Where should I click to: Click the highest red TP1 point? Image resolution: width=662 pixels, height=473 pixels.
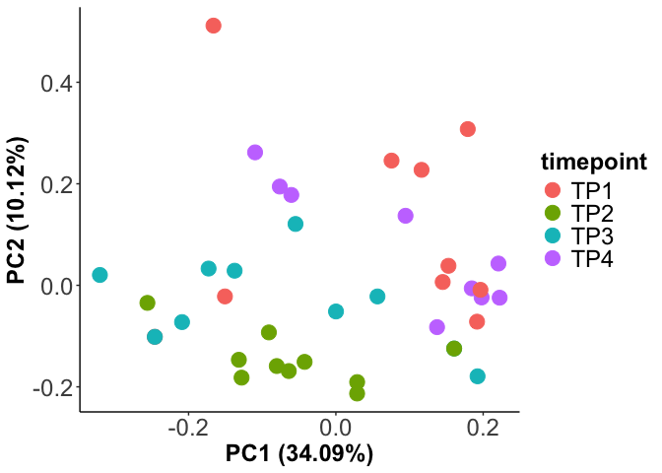213,26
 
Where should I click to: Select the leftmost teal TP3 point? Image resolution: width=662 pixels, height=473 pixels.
99,275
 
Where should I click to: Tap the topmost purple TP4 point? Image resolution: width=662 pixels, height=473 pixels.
255,152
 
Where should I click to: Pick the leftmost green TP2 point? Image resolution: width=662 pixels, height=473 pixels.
148,303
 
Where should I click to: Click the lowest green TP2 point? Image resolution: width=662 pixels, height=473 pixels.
357,393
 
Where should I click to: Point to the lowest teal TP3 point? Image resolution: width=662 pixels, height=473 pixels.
478,376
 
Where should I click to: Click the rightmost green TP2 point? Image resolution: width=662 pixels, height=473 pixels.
454,348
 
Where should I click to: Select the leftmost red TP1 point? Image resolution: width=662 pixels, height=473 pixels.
225,297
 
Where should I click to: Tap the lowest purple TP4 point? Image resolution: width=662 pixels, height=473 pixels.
437,327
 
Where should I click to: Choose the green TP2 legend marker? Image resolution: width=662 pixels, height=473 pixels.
552,213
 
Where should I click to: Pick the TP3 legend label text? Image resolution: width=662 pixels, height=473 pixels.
593,236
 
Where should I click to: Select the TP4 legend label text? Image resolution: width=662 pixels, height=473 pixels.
593,258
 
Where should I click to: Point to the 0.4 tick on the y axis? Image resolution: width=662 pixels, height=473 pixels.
56,83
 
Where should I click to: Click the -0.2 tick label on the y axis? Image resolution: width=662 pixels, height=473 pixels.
52,387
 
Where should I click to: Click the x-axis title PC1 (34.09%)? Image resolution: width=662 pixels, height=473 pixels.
299,454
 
